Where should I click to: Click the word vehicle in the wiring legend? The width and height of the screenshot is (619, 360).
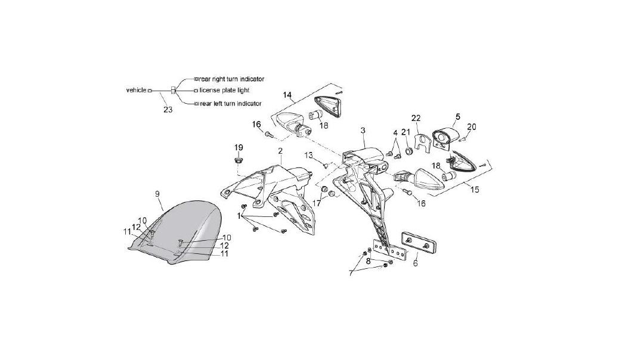click(x=136, y=90)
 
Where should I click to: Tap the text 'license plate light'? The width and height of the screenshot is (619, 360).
click(x=224, y=91)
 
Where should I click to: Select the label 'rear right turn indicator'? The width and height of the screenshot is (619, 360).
click(x=231, y=79)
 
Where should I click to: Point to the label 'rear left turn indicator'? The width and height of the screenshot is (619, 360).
click(x=230, y=104)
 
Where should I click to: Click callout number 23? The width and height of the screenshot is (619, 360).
click(x=168, y=110)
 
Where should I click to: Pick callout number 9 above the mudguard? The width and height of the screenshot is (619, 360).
click(x=157, y=194)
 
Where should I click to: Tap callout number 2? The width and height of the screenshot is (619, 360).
click(x=280, y=151)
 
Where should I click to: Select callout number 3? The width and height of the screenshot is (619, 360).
click(x=363, y=131)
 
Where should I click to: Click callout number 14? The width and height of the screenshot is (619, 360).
click(x=287, y=95)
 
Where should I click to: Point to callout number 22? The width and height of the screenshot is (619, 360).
click(x=416, y=118)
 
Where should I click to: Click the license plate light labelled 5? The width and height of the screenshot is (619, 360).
click(x=445, y=137)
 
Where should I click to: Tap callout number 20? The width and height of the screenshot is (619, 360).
click(x=472, y=127)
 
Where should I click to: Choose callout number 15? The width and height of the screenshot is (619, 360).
click(x=475, y=190)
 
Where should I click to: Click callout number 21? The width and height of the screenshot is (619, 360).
click(x=406, y=132)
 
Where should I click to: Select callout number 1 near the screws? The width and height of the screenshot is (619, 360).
click(x=239, y=216)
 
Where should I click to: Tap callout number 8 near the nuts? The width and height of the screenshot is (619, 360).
click(x=368, y=260)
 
